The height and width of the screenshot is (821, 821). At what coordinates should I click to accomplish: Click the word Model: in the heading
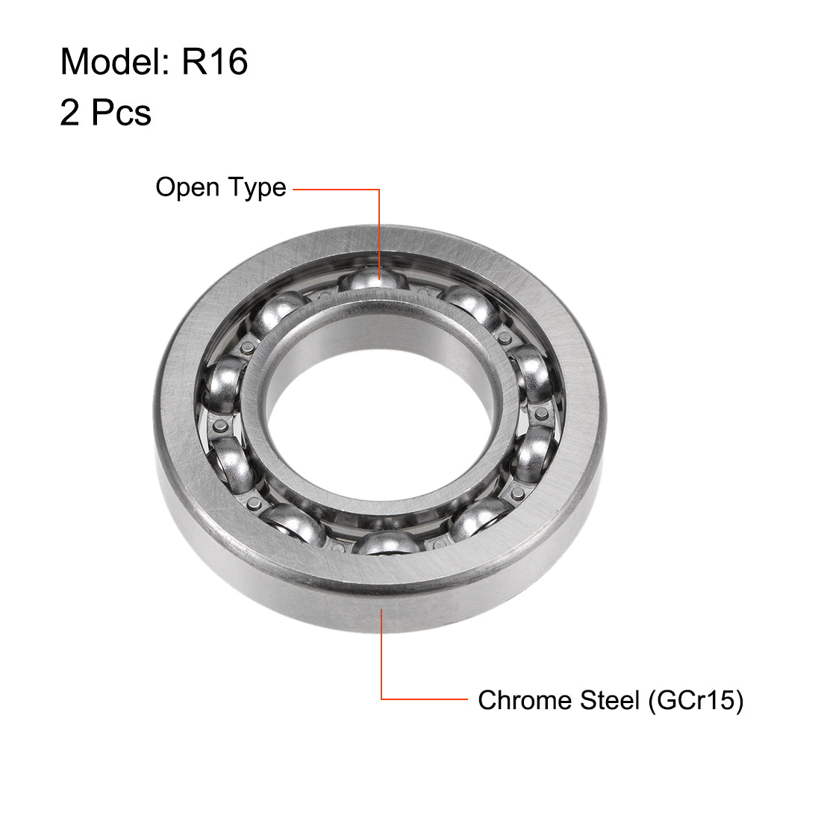pyautogui.click(x=116, y=61)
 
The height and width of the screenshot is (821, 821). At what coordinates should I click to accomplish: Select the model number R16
pyautogui.click(x=215, y=61)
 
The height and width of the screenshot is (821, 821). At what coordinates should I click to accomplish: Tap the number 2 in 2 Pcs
pyautogui.click(x=69, y=113)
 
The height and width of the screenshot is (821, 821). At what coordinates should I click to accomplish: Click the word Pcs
pyautogui.click(x=121, y=113)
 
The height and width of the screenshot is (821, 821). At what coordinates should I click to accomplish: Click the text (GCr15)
pyautogui.click(x=696, y=700)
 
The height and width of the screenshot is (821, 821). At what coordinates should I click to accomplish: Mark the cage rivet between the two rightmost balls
pyautogui.click(x=540, y=412)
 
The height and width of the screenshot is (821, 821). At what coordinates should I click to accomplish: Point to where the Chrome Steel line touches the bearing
pyautogui.click(x=382, y=610)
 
